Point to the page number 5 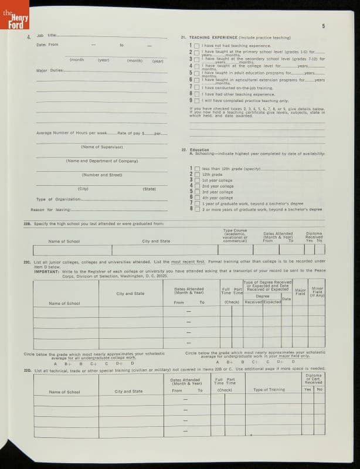pos(323,26)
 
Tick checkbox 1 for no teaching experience pos(196,46)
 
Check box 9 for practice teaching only pos(196,100)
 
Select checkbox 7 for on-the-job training pos(196,87)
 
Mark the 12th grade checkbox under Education pos(196,174)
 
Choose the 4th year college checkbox pos(196,198)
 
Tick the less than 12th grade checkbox pos(196,168)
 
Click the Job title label pos(46,35)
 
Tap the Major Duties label pos(50,70)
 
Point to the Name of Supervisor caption pos(99,147)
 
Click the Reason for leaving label pos(50,209)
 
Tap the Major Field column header pos(301,292)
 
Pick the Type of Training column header pos(269,390)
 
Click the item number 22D pos(27,370)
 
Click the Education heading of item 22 pos(199,149)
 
